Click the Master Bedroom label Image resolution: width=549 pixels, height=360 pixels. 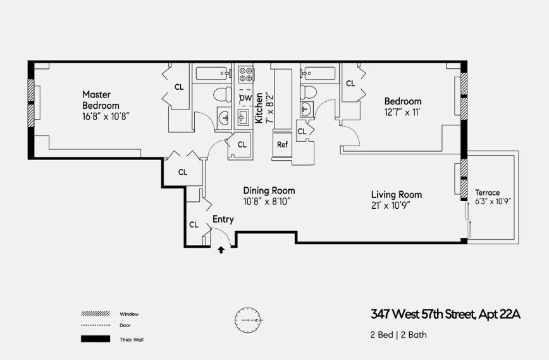coord(101,100)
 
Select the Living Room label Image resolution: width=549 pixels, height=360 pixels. coord(396,194)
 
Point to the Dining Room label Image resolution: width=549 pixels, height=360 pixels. coord(269,190)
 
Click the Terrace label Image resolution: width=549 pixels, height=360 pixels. coord(487,192)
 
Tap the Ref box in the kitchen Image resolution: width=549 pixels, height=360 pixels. coord(282,144)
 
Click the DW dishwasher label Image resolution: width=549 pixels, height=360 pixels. coord(245,98)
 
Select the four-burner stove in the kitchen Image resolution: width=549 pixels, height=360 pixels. coord(245,74)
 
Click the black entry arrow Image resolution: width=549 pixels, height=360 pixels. coord(221,250)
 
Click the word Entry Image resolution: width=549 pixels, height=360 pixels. coord(223,220)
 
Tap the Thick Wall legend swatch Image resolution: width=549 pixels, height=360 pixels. coord(95,339)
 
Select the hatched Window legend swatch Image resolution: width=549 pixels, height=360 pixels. coord(95,314)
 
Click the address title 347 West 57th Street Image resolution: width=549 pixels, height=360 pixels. coord(445,314)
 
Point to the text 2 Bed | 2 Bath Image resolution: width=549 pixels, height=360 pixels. coord(398,334)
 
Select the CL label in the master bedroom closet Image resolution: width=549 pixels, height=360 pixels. coord(179,87)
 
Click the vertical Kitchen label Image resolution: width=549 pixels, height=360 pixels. coord(259,106)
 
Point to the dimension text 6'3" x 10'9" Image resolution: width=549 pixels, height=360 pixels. coord(493,201)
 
